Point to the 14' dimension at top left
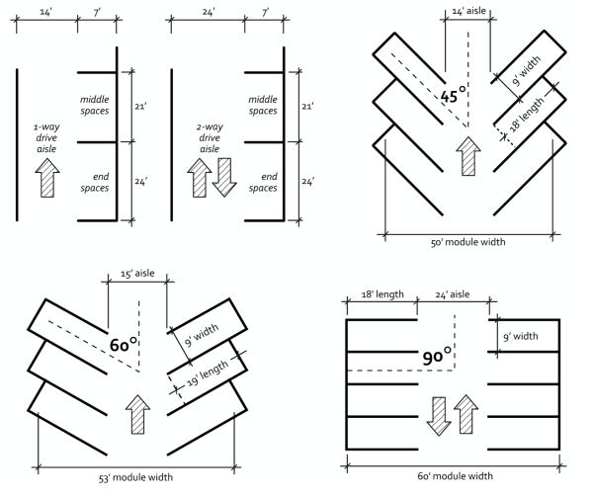pos(46,12)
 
